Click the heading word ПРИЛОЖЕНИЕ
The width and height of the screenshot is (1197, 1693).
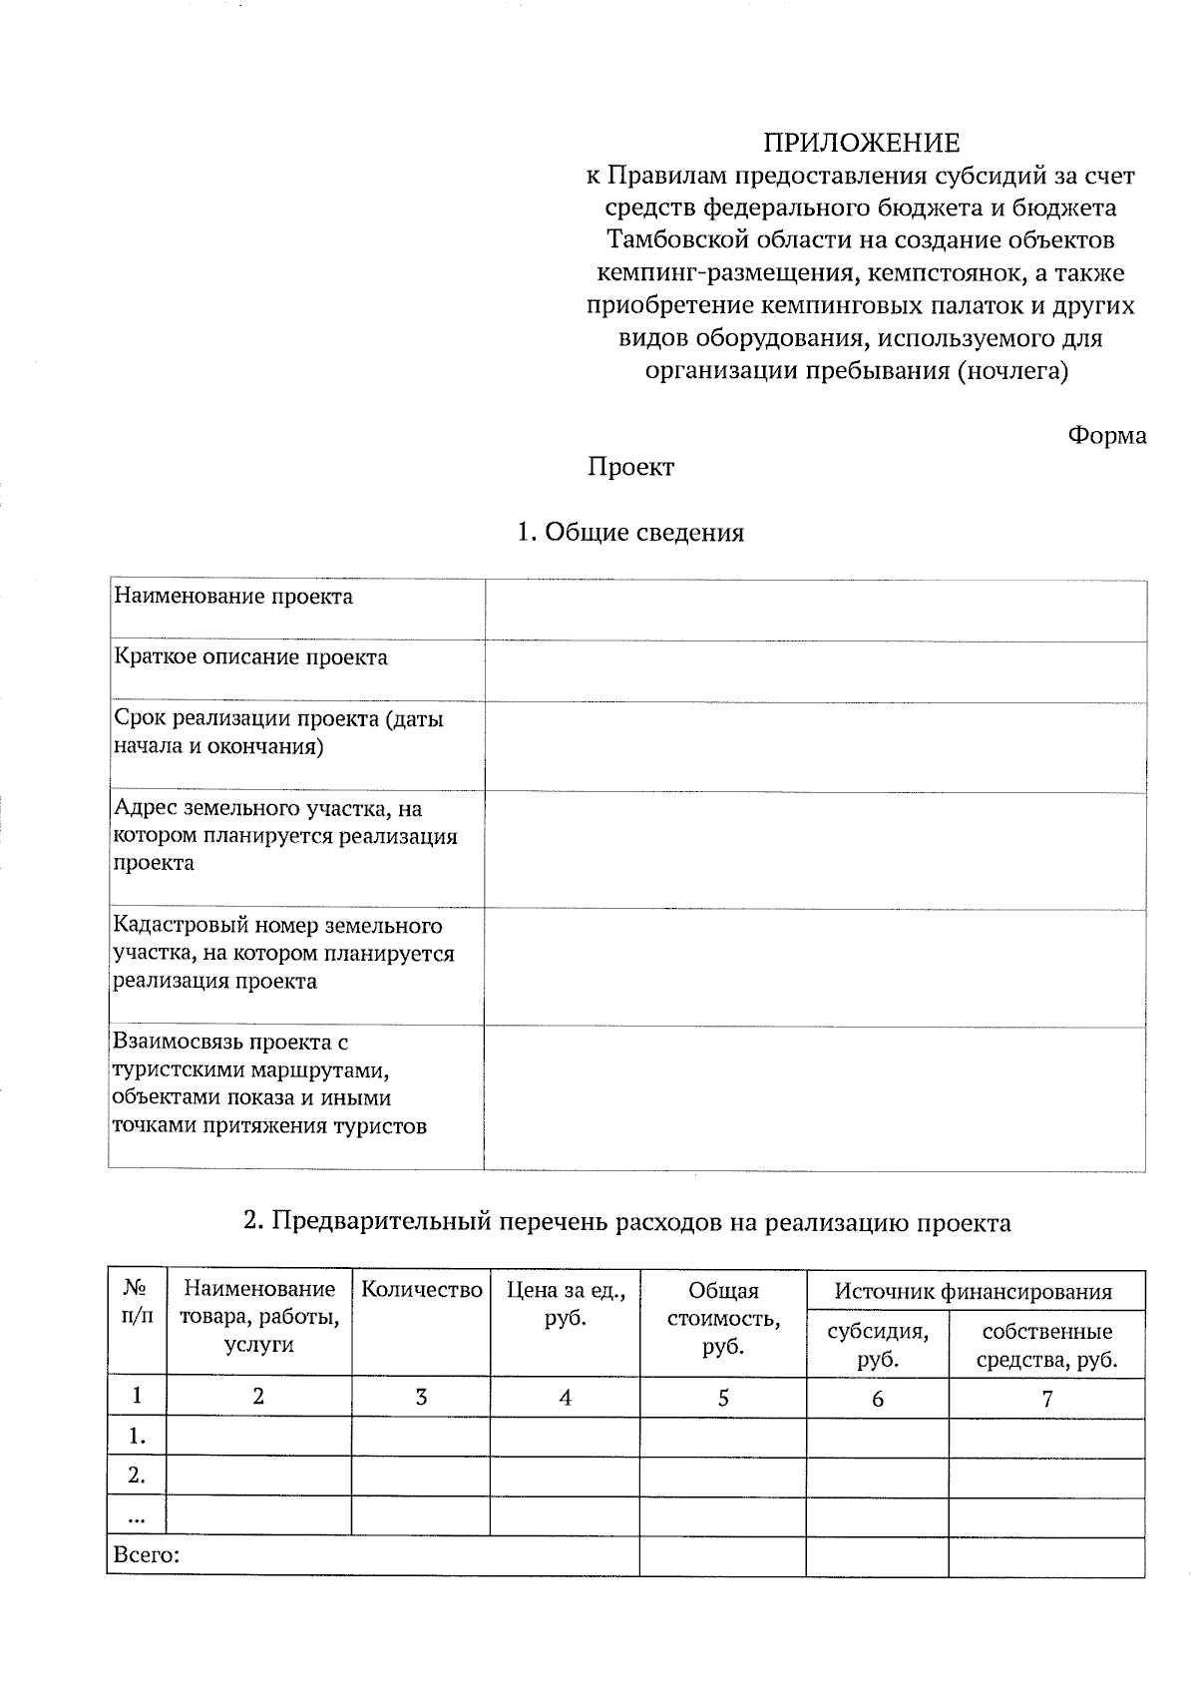point(861,144)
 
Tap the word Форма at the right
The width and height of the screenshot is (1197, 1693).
point(1106,436)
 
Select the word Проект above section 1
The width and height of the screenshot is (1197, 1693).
point(630,467)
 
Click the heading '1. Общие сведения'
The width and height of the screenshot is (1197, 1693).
point(630,533)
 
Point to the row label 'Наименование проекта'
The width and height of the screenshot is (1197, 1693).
point(233,597)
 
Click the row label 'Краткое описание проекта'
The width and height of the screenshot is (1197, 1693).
point(250,657)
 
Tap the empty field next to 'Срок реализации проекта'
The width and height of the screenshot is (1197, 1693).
point(814,746)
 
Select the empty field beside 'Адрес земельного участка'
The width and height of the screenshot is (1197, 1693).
point(814,849)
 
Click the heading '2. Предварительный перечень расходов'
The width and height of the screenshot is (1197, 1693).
point(627,1222)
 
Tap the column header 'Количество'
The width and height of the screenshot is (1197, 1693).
point(421,1290)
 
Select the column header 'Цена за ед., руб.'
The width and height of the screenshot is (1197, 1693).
point(566,1304)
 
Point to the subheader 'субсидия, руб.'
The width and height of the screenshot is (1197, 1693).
point(877,1345)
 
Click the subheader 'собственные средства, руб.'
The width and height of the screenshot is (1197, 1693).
point(1046,1345)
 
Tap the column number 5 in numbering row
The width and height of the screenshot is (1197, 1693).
point(723,1399)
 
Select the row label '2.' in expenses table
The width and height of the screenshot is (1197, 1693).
point(137,1476)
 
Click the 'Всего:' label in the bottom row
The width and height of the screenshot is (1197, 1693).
point(147,1555)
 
